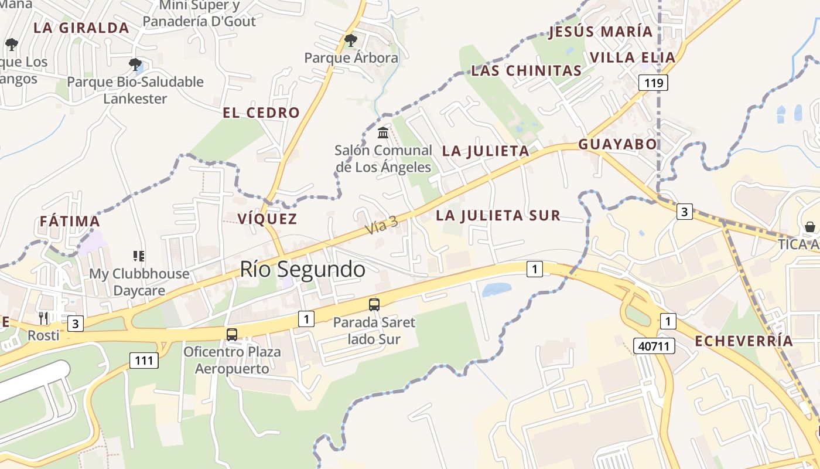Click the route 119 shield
coord(653,83)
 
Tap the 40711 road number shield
coord(654,346)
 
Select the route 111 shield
coord(143,360)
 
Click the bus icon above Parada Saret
coord(374,304)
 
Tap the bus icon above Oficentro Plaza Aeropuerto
coord(232,335)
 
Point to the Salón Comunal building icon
coord(383,132)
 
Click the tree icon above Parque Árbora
coord(351,40)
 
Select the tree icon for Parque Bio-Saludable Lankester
coord(135,64)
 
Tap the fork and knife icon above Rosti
coord(43,318)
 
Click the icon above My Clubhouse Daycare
coord(139,256)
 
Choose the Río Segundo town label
coord(302,269)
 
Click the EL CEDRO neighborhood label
coord(261,113)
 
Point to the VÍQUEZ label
coord(267,219)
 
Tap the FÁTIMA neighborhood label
coord(70,222)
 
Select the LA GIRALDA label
coord(81,28)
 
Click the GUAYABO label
coord(617,144)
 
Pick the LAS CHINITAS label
coord(527,71)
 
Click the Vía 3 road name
coord(381,225)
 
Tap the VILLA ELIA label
coord(633,57)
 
